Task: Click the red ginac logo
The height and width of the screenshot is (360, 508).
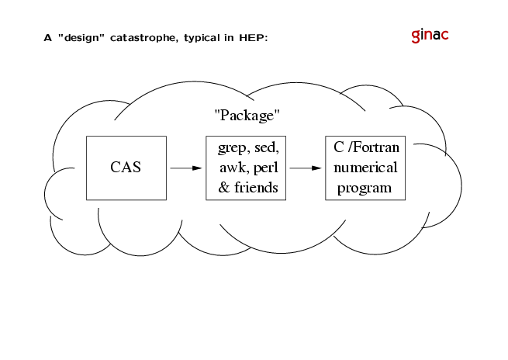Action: [x=430, y=36]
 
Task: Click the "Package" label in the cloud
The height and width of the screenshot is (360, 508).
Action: [x=247, y=116]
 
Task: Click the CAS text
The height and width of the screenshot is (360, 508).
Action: [x=126, y=168]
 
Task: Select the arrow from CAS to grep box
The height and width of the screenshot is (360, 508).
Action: [x=186, y=168]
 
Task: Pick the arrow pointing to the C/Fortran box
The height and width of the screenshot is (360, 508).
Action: [x=306, y=168]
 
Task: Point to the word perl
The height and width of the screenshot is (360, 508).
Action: [x=266, y=168]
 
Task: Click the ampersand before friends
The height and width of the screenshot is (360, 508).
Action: [x=224, y=188]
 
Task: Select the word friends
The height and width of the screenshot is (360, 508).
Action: [x=256, y=187]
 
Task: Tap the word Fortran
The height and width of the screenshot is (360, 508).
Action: [x=375, y=147]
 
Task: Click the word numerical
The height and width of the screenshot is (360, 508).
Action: [x=365, y=168]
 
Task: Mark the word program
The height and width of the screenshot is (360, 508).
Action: [x=365, y=189]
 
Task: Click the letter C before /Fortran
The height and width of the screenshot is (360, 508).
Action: [x=339, y=147]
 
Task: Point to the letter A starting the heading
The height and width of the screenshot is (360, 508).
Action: [x=47, y=38]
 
